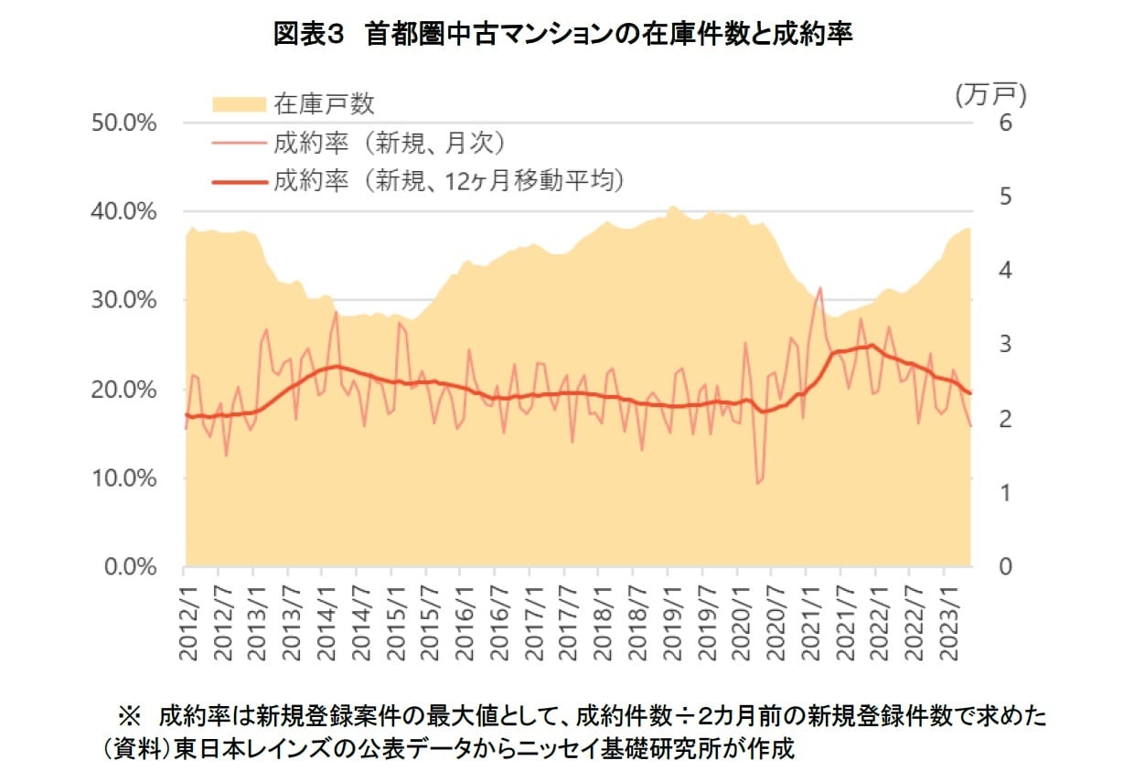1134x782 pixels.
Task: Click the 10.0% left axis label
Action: (x=125, y=478)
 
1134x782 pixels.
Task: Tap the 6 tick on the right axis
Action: (x=1005, y=123)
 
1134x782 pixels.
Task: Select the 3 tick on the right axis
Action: (x=1005, y=345)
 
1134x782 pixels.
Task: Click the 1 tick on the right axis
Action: (x=1005, y=493)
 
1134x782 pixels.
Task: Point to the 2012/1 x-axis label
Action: (x=187, y=618)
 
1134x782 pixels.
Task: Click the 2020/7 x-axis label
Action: (x=772, y=618)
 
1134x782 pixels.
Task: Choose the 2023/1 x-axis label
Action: (x=944, y=618)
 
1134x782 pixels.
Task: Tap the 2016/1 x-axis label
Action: (x=462, y=618)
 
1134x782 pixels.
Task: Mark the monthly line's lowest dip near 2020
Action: (x=757, y=482)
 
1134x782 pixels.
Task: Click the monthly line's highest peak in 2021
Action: (x=820, y=287)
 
